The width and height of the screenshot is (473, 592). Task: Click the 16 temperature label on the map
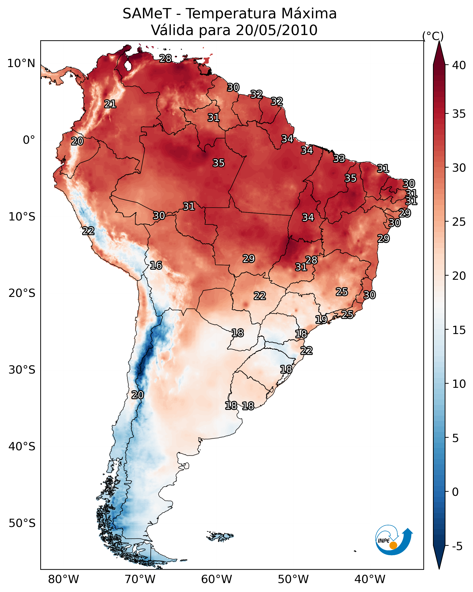[x=156, y=265]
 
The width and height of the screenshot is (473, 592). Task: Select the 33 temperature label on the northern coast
[x=339, y=158]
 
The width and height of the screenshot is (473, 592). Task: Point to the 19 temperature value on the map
[x=321, y=319]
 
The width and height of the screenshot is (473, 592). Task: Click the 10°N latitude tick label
[x=21, y=63]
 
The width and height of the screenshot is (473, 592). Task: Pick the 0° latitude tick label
[x=29, y=140]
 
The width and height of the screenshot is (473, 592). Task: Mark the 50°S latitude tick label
[x=22, y=523]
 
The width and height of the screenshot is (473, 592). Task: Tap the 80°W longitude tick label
[x=63, y=579]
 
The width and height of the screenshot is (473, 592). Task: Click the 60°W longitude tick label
[x=217, y=579]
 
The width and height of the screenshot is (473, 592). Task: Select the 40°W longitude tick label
[x=370, y=579]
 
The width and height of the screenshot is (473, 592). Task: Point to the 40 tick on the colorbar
[x=459, y=65]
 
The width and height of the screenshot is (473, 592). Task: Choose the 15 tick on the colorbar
[x=459, y=330]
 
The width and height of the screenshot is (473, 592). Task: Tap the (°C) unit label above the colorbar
[x=433, y=36]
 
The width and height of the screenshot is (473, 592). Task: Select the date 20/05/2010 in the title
[x=276, y=30]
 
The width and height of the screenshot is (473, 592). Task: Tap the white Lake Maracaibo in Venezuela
[x=128, y=66]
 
